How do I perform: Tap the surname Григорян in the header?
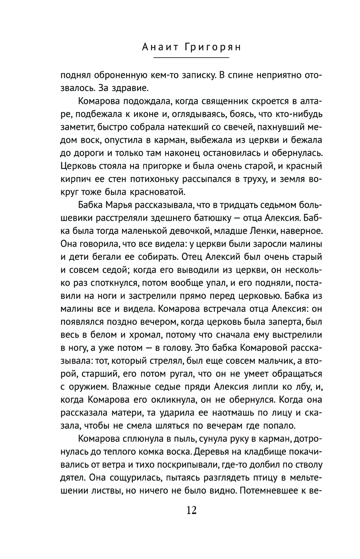212,47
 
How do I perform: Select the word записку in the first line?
195,76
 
